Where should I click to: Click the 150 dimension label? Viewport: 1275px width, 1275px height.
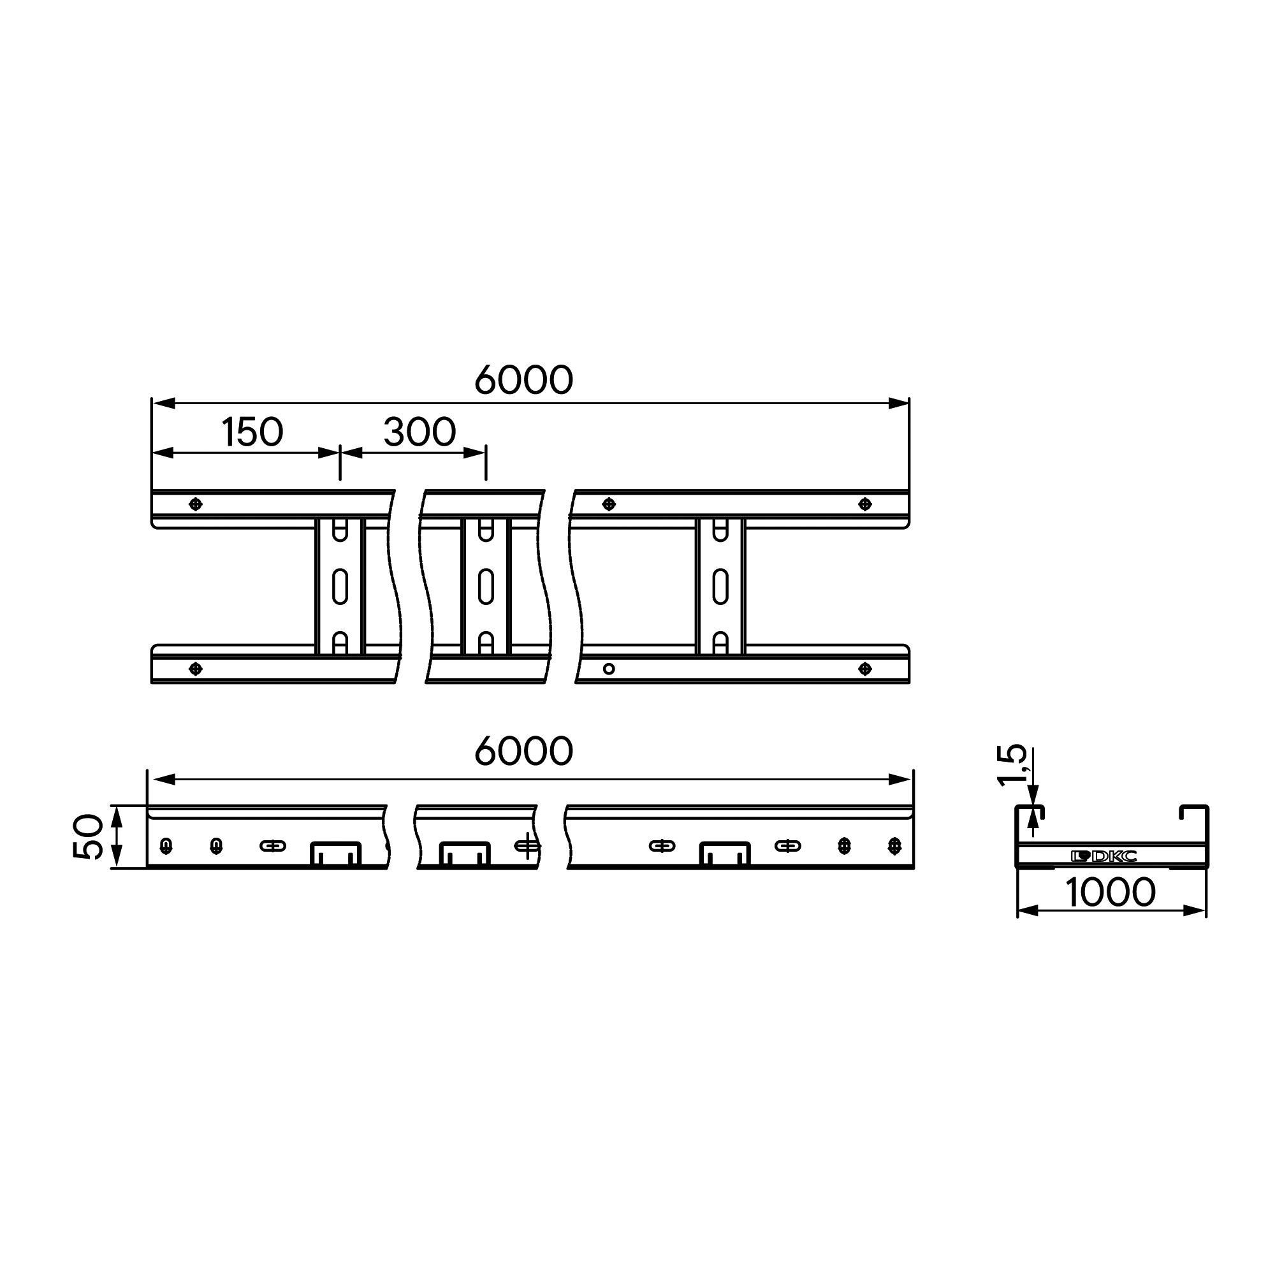tap(252, 432)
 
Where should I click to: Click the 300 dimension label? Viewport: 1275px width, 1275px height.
tap(419, 432)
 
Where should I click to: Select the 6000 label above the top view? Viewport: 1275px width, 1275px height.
tap(524, 380)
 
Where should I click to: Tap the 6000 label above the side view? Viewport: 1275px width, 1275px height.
tap(524, 752)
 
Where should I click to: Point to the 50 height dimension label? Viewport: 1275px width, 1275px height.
tap(89, 837)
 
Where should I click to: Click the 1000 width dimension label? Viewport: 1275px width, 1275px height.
tap(1111, 892)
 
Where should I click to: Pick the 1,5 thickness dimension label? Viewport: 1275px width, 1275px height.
tap(1012, 766)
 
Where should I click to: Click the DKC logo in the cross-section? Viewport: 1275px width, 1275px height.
tap(1104, 857)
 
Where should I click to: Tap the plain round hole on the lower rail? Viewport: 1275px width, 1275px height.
tap(609, 669)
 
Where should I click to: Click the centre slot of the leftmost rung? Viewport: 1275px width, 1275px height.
tap(340, 586)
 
